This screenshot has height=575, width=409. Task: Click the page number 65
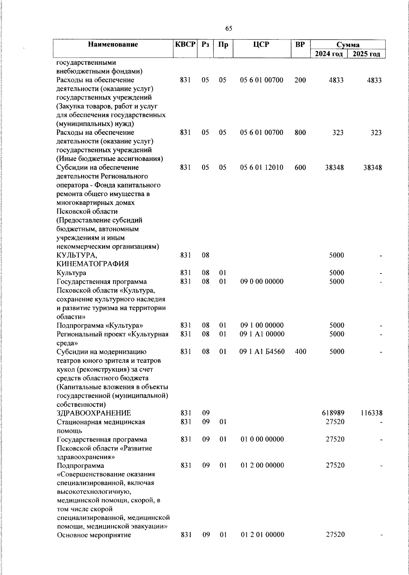[x=229, y=29]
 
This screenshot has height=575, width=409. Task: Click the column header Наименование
[x=113, y=44]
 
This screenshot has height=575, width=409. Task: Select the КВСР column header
[x=185, y=44]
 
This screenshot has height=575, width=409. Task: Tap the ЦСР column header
[x=261, y=44]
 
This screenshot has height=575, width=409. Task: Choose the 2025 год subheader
[x=366, y=54]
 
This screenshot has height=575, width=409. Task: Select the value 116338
[x=371, y=413]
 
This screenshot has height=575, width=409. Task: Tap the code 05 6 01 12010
[x=261, y=167]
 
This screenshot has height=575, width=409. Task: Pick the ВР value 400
[x=300, y=352]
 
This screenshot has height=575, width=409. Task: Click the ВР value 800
[x=300, y=132]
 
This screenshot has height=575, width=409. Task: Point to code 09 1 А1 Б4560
[x=262, y=352]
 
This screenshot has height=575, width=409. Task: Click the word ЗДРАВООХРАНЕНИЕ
[x=94, y=413]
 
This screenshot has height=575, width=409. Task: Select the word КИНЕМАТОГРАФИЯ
[x=92, y=264]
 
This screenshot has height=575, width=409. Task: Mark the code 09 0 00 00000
[x=261, y=282]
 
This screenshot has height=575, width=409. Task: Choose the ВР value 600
[x=300, y=167]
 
